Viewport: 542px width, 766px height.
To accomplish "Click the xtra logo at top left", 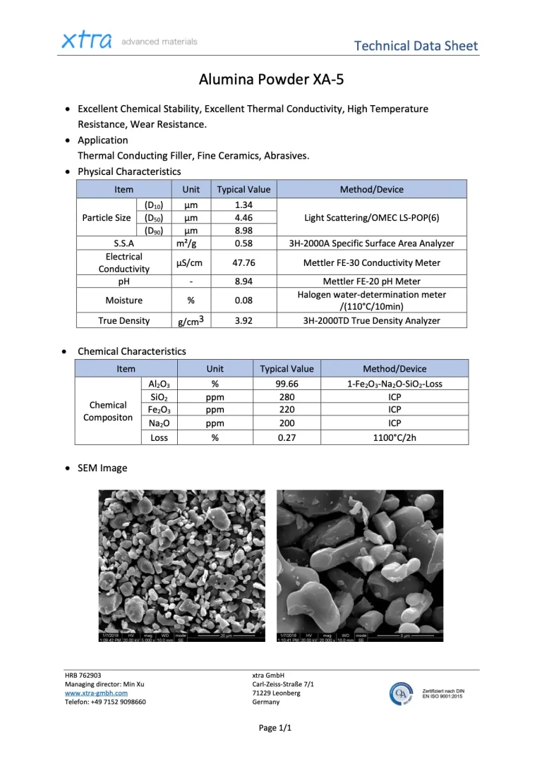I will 87,41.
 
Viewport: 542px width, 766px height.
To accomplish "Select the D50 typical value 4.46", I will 243,218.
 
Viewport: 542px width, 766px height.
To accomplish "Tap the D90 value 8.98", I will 243,231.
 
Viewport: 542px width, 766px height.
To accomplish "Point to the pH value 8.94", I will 243,281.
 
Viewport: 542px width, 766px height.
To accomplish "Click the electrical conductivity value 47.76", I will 243,262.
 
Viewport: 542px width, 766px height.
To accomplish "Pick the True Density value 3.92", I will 243,320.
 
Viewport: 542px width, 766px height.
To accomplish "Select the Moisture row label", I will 124,300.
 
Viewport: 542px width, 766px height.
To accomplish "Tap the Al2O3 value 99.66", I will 287,384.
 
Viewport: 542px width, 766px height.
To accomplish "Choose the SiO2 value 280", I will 287,397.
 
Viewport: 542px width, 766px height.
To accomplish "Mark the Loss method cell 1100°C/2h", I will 395,437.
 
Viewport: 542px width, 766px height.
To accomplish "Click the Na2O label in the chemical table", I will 160,423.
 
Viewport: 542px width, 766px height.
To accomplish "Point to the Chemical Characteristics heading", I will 132,351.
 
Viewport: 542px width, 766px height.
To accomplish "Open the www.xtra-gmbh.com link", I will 96,693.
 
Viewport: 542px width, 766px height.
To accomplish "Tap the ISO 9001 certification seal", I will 402,694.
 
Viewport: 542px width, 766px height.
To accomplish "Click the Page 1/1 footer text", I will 275,727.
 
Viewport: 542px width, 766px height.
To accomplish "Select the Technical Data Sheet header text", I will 416,46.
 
